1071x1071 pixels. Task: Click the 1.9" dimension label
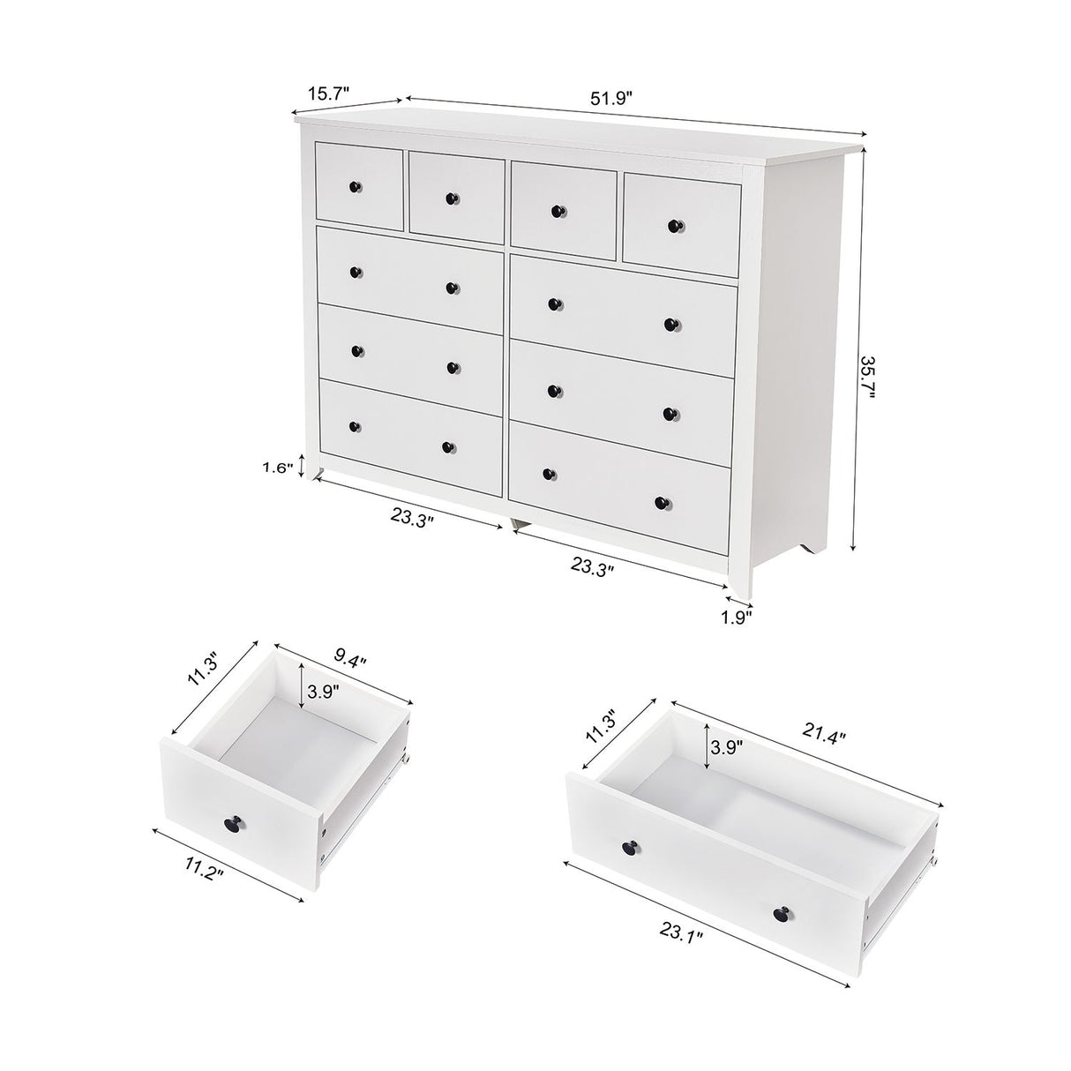coord(734,618)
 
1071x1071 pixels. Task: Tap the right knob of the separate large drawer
coord(783,914)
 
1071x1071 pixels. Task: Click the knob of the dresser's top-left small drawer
coord(356,186)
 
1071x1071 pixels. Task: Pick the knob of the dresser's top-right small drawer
coord(676,225)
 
